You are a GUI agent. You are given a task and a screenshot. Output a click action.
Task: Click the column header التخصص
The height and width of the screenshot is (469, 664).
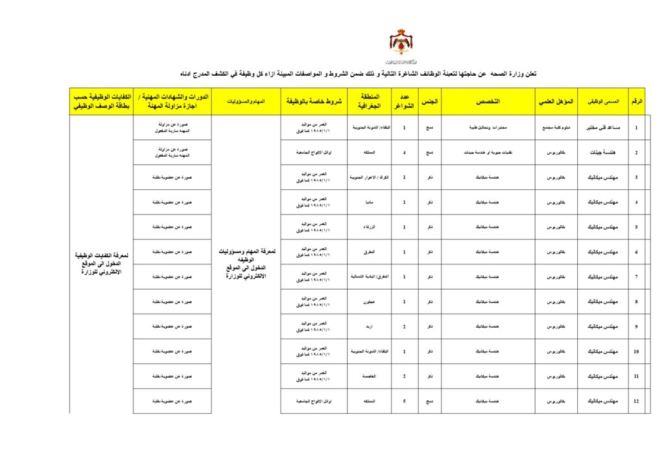pyautogui.click(x=488, y=102)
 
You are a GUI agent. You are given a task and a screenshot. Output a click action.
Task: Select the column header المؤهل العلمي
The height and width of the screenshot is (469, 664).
pyautogui.click(x=556, y=102)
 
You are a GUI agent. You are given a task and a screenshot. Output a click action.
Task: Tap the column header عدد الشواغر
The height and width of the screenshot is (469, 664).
pyautogui.click(x=405, y=102)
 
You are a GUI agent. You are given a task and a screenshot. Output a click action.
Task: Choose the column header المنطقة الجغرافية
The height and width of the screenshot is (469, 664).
pyautogui.click(x=369, y=102)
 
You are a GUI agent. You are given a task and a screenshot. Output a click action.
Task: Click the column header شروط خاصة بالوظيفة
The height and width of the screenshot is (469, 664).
pyautogui.click(x=314, y=102)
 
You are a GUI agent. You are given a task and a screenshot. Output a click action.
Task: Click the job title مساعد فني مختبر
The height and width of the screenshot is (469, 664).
pyautogui.click(x=603, y=128)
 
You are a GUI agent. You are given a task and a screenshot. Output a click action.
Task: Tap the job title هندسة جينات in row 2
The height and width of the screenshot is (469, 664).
pyautogui.click(x=603, y=153)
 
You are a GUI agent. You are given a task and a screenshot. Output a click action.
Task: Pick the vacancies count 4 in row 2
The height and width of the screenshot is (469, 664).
pyautogui.click(x=405, y=153)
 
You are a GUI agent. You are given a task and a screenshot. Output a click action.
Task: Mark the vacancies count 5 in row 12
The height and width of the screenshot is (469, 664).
pyautogui.click(x=405, y=401)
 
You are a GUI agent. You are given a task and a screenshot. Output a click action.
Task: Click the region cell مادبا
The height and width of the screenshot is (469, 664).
pyautogui.click(x=369, y=202)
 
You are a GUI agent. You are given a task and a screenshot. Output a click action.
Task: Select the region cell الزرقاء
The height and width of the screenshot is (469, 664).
pyautogui.click(x=369, y=227)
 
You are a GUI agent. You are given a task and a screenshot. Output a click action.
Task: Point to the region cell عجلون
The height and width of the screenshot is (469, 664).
pyautogui.click(x=369, y=302)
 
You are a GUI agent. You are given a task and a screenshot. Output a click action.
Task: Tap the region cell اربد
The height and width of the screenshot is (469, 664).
pyautogui.click(x=369, y=326)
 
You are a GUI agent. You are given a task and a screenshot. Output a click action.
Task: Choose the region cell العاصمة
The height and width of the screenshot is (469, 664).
pyautogui.click(x=369, y=376)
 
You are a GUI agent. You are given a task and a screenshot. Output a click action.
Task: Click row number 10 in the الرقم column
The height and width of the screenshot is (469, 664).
pyautogui.click(x=636, y=351)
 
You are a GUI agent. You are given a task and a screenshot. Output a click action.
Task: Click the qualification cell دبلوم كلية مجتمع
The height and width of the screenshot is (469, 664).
pyautogui.click(x=556, y=128)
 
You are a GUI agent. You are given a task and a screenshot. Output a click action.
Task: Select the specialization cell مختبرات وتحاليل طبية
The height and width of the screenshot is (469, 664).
pyautogui.click(x=488, y=128)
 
